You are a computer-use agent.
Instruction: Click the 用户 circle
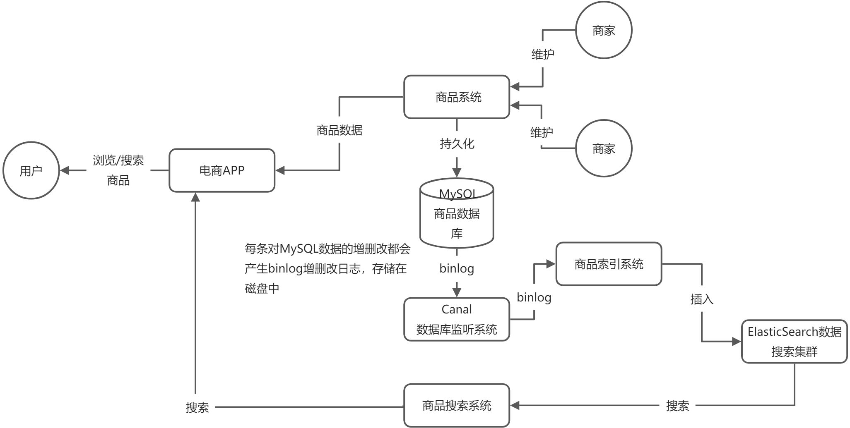coord(31,170)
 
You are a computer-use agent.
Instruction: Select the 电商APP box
coord(222,170)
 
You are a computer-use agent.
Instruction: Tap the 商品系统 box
coord(457,97)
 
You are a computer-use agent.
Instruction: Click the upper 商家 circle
coord(604,30)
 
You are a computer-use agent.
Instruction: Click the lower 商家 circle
coord(604,148)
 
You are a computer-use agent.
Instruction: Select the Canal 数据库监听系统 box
coord(457,319)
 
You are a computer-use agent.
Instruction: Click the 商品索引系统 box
coord(609,264)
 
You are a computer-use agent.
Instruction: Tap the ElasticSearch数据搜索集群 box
coord(794,342)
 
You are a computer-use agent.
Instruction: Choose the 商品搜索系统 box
coord(457,405)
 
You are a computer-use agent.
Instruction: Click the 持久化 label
coord(457,144)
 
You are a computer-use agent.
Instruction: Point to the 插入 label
coord(702,299)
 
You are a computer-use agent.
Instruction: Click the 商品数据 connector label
coord(340,130)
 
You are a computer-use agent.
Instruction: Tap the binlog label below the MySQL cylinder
coord(457,268)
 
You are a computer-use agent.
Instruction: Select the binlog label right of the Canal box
coord(534,297)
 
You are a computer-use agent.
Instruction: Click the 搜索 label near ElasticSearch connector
coord(677,406)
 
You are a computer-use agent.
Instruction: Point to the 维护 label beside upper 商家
coord(543,54)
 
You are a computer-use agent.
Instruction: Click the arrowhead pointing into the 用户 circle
coord(65,170)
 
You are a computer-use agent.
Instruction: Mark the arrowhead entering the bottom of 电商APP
coord(195,197)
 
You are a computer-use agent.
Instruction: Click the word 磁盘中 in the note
coord(262,288)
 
